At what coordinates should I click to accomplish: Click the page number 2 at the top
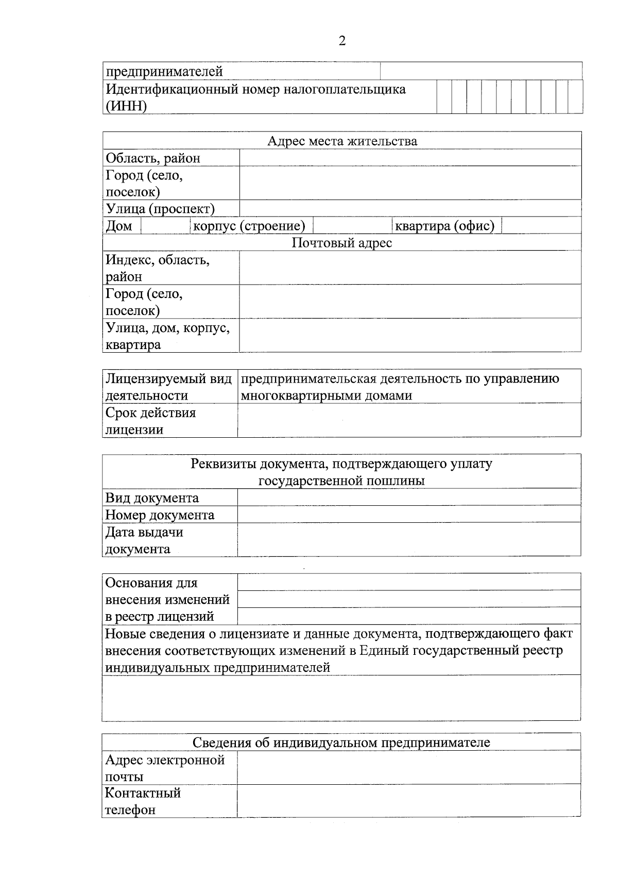coord(342,41)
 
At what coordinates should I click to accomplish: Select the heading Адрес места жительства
coord(342,141)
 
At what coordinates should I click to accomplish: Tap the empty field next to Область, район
coord(410,158)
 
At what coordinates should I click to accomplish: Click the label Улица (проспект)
coord(160,209)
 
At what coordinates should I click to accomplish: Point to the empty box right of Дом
coord(165,226)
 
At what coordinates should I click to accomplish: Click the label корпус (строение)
coord(249,226)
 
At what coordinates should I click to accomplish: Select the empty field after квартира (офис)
coord(541,226)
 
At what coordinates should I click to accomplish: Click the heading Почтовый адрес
coord(342,243)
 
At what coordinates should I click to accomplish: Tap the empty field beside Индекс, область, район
coord(410,268)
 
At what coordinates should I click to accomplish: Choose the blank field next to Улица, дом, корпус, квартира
coord(410,336)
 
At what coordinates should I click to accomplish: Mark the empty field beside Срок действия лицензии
coord(409,420)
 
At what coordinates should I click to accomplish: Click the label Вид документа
coord(152,498)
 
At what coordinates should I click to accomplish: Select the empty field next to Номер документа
coord(409,514)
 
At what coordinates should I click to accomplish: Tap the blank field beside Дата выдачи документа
coord(409,540)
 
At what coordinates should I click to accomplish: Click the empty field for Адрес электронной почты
coord(409,767)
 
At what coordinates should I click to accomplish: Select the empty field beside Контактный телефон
coord(409,801)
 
